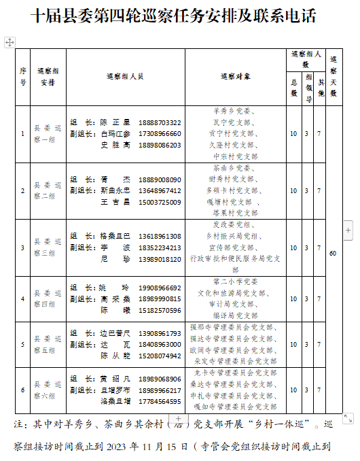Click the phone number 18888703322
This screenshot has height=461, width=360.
pyautogui.click(x=160, y=122)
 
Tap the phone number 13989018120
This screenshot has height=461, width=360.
pyautogui.click(x=160, y=259)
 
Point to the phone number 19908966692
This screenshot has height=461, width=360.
pyautogui.click(x=160, y=288)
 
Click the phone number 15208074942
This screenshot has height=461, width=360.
pyautogui.click(x=160, y=356)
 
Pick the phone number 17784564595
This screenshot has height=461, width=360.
pyautogui.click(x=160, y=401)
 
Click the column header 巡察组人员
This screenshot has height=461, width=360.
pyautogui.click(x=125, y=77)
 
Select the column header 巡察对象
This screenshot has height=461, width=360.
pyautogui.click(x=235, y=77)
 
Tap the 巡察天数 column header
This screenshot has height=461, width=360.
pyautogui.click(x=333, y=77)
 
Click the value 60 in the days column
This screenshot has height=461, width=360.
pyautogui.click(x=333, y=254)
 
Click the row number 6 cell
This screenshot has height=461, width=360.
pyautogui.click(x=23, y=390)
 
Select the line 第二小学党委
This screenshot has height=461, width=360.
pyautogui.click(x=235, y=281)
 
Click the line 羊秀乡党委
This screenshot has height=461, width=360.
pyautogui.click(x=235, y=110)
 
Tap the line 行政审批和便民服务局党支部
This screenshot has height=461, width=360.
pyautogui.click(x=235, y=259)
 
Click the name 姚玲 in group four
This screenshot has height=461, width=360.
pyautogui.click(x=115, y=288)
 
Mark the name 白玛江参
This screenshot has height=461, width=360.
pyautogui.click(x=115, y=134)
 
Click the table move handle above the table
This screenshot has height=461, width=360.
pyautogui.click(x=10, y=42)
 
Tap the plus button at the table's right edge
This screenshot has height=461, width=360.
pyautogui.click(x=348, y=230)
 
